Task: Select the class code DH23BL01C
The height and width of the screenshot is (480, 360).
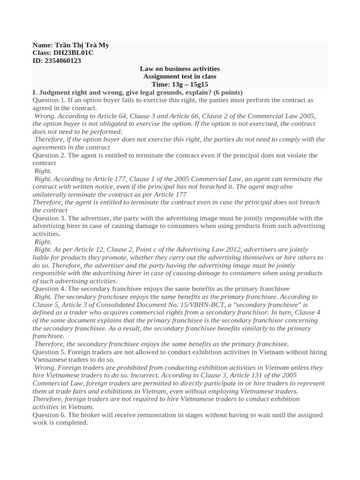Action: coord(73,53)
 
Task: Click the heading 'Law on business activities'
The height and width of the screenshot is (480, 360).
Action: coord(180,68)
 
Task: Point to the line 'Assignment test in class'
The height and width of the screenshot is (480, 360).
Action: coord(180,76)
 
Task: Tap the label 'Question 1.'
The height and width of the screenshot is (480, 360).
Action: coord(49,100)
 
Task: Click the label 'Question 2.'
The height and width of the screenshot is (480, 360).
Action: coord(49,155)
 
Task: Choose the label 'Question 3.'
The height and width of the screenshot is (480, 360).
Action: coord(49,218)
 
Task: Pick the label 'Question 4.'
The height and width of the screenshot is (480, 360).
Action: coord(49,289)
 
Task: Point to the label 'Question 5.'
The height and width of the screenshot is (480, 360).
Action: coord(49,352)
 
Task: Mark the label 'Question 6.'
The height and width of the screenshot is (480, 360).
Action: coord(49,415)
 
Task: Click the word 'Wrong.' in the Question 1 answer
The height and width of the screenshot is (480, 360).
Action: coord(45,116)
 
